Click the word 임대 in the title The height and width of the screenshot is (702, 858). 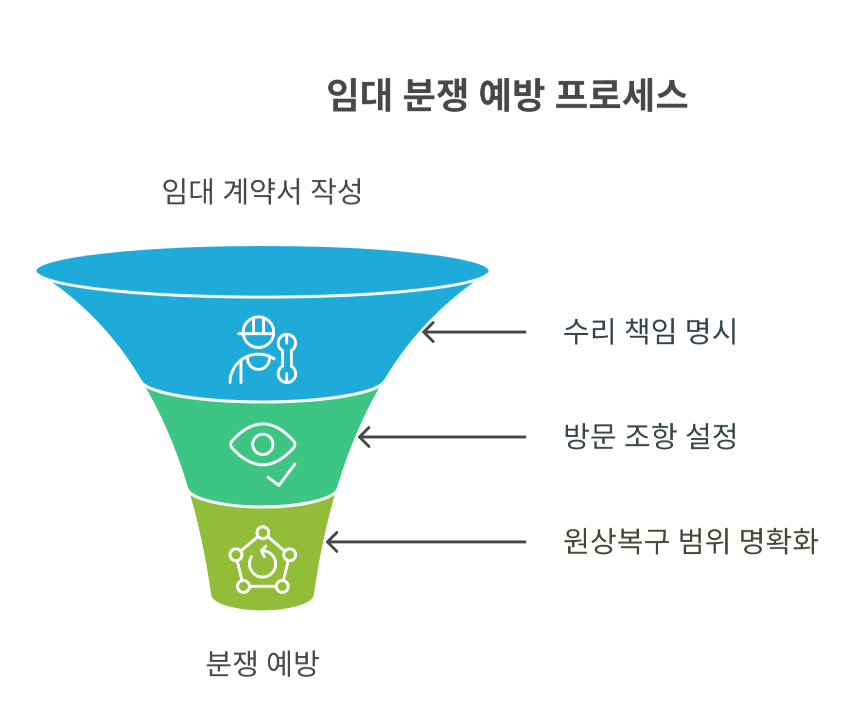[x=359, y=95]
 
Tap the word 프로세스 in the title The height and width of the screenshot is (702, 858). [x=621, y=95]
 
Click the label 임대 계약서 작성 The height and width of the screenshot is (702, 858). [x=262, y=191]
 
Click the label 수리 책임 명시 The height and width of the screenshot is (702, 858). [x=649, y=332]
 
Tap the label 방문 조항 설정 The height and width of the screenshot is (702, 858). [x=650, y=436]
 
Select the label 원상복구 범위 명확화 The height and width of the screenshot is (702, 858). [x=690, y=541]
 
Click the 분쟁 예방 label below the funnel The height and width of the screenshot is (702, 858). [x=262, y=663]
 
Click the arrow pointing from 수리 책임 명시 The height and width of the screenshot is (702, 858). [x=474, y=332]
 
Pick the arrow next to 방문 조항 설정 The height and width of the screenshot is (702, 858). [x=442, y=437]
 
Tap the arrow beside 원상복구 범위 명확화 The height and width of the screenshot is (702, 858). [x=426, y=542]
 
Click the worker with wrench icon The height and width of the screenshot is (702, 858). [x=263, y=350]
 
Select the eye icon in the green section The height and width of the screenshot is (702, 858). [x=263, y=444]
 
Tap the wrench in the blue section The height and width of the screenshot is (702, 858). [x=287, y=359]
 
